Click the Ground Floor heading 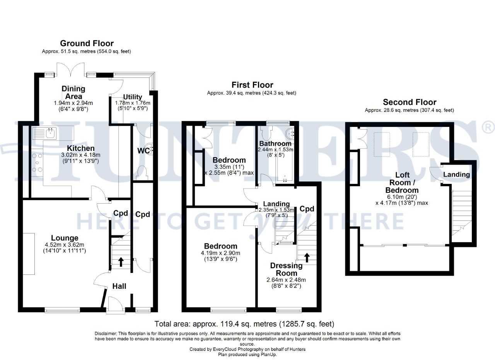click(x=87, y=43)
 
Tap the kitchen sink click(x=44, y=133)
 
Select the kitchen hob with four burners click(x=37, y=163)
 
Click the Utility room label click(x=133, y=97)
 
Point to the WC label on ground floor click(x=143, y=151)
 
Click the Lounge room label click(x=65, y=238)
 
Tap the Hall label click(x=119, y=286)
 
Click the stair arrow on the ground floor click(x=121, y=262)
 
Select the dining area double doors click(x=70, y=69)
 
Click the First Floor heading click(x=253, y=85)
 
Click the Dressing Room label click(x=287, y=269)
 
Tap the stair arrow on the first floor click(x=307, y=258)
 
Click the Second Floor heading click(x=410, y=102)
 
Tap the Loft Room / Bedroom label click(x=402, y=182)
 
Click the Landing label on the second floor click(x=457, y=175)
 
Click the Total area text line click(x=244, y=324)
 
